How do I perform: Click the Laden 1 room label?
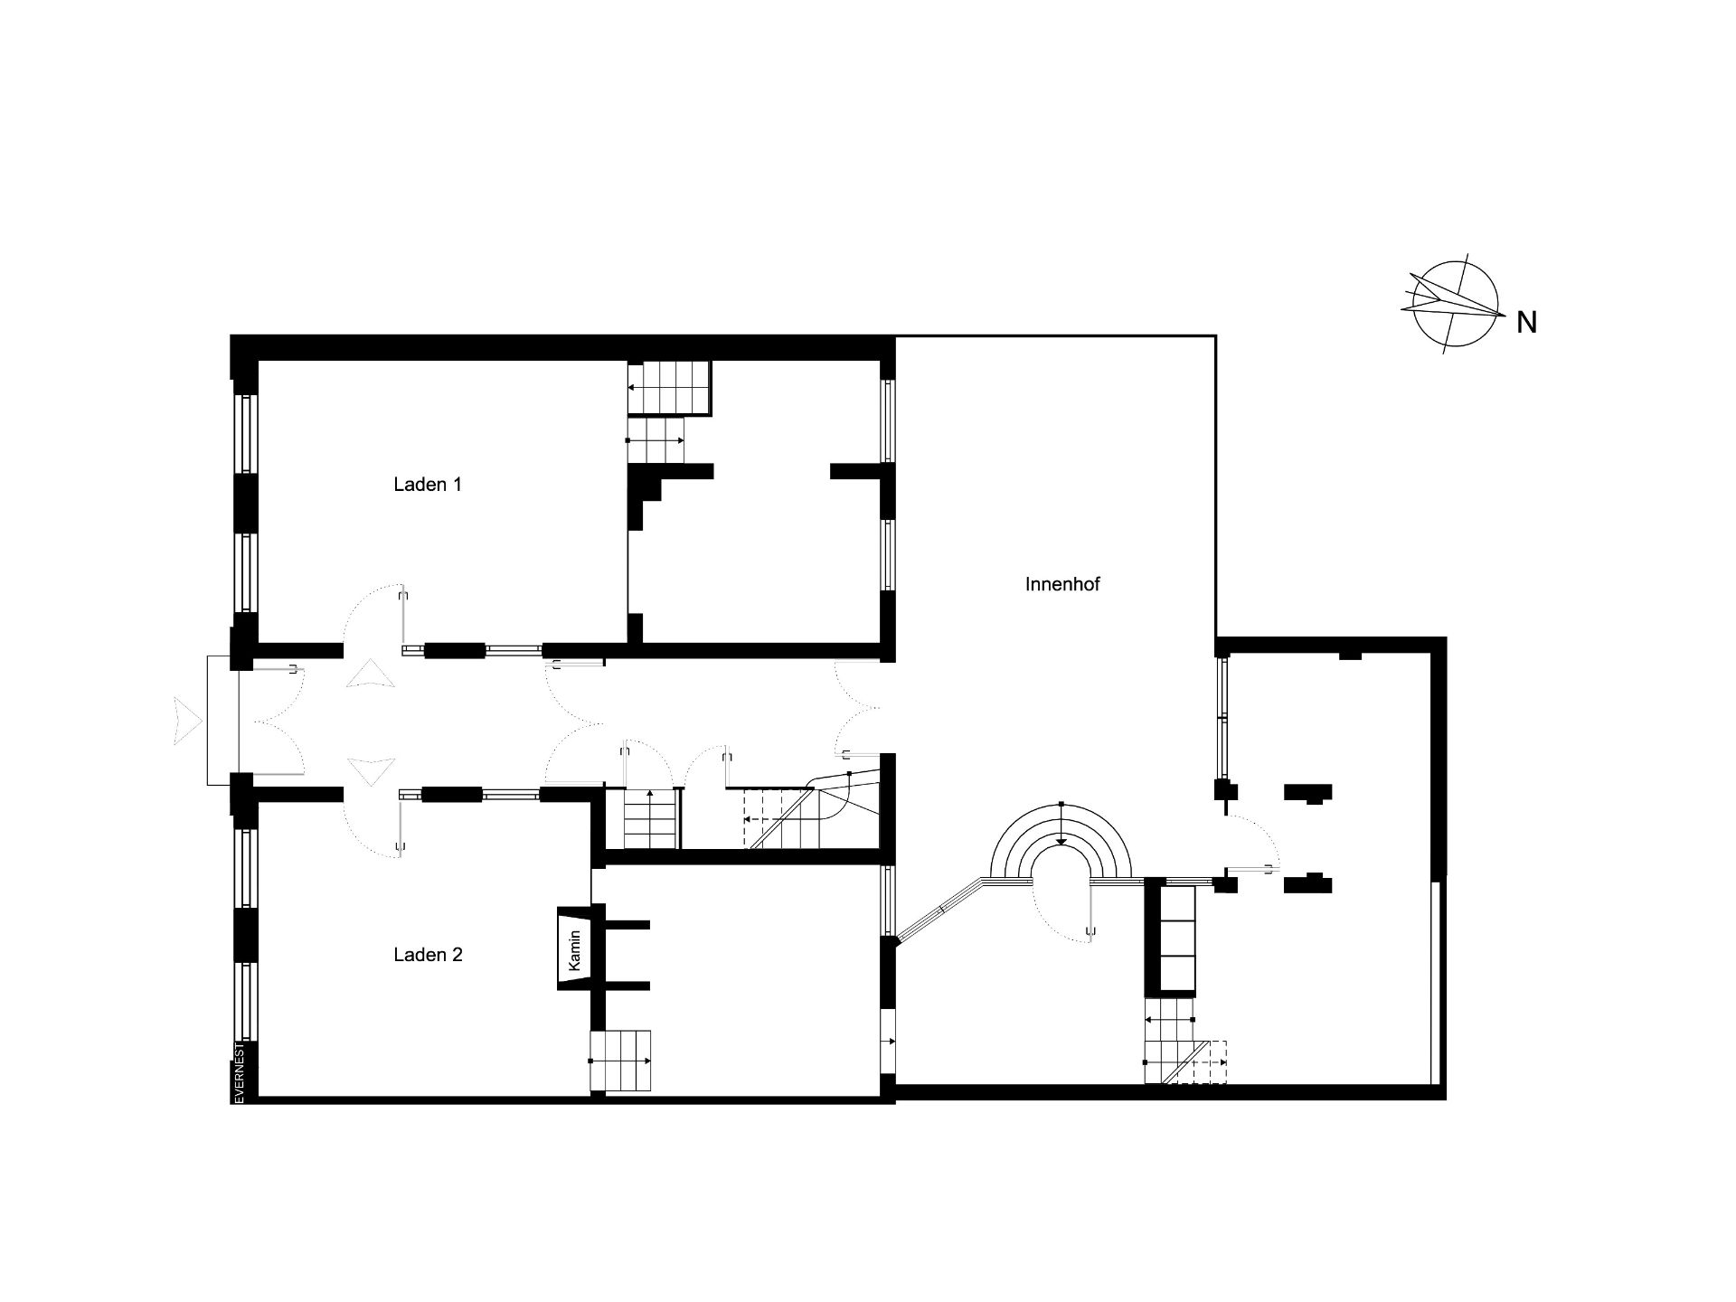[428, 485]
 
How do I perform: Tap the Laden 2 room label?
[428, 955]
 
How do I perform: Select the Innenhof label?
[1062, 584]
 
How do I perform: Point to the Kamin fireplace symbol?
[574, 950]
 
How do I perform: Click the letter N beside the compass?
[1526, 323]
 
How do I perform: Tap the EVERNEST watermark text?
[240, 1072]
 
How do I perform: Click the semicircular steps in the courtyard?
[1061, 842]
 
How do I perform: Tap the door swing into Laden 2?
[373, 823]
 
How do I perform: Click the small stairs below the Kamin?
[620, 1061]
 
